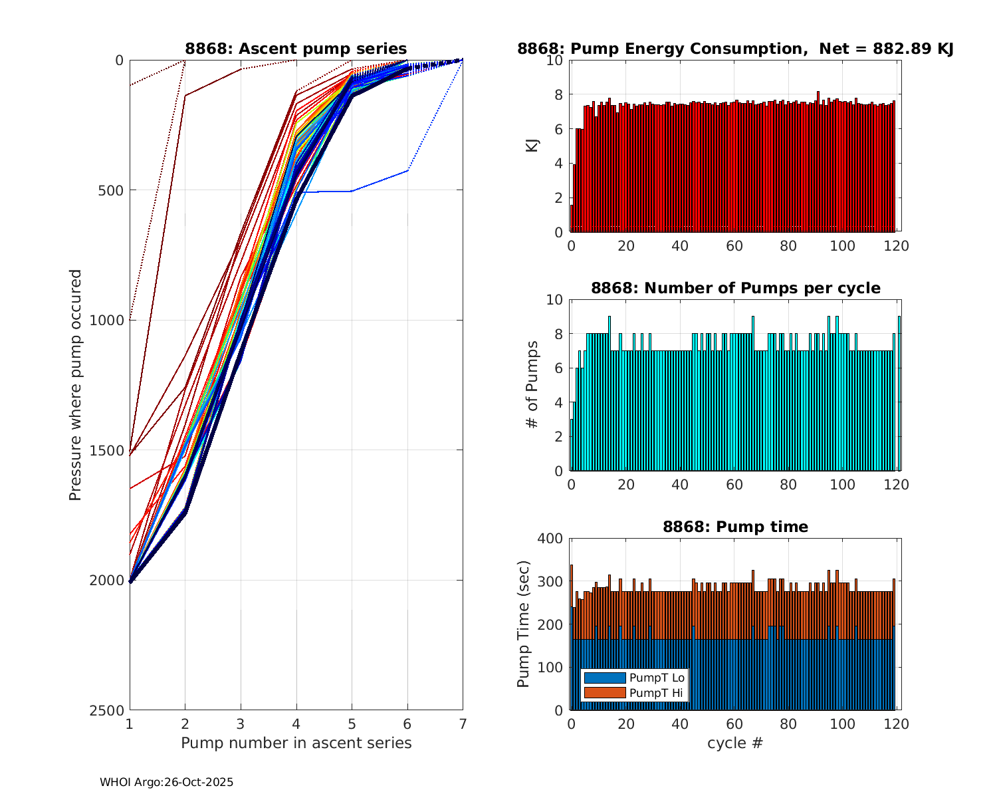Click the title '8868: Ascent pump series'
(296, 49)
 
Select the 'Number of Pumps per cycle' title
(735, 288)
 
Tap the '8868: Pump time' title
(735, 527)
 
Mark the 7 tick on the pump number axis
(463, 724)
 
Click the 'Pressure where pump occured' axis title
(76, 385)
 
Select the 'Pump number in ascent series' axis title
(296, 743)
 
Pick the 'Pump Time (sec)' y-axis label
(524, 624)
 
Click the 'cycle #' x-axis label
(735, 743)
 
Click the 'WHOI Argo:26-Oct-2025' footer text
(167, 783)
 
